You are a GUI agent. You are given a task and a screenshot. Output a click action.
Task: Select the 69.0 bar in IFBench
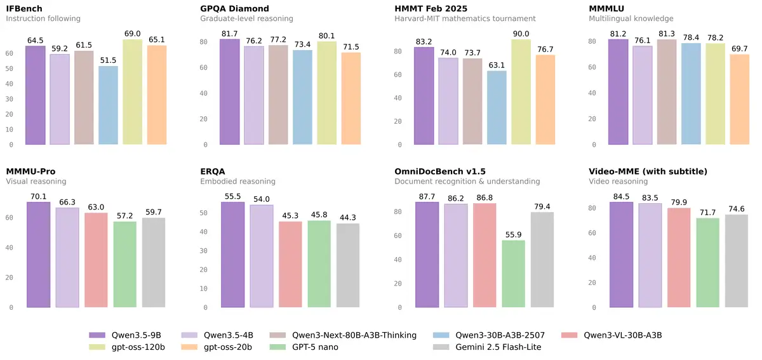click(x=133, y=92)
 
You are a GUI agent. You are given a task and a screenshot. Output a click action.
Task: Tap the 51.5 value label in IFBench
click(x=109, y=60)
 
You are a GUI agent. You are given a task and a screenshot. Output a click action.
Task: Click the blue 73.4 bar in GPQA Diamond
click(x=303, y=97)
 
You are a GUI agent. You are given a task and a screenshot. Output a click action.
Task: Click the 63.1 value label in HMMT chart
click(x=497, y=65)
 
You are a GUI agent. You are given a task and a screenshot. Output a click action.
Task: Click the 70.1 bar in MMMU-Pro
click(x=38, y=255)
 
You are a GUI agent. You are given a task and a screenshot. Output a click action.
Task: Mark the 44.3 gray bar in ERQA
click(x=348, y=265)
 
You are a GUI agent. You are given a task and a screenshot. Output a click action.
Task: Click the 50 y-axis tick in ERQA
click(x=204, y=213)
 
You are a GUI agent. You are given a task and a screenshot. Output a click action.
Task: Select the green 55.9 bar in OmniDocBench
click(x=513, y=274)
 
